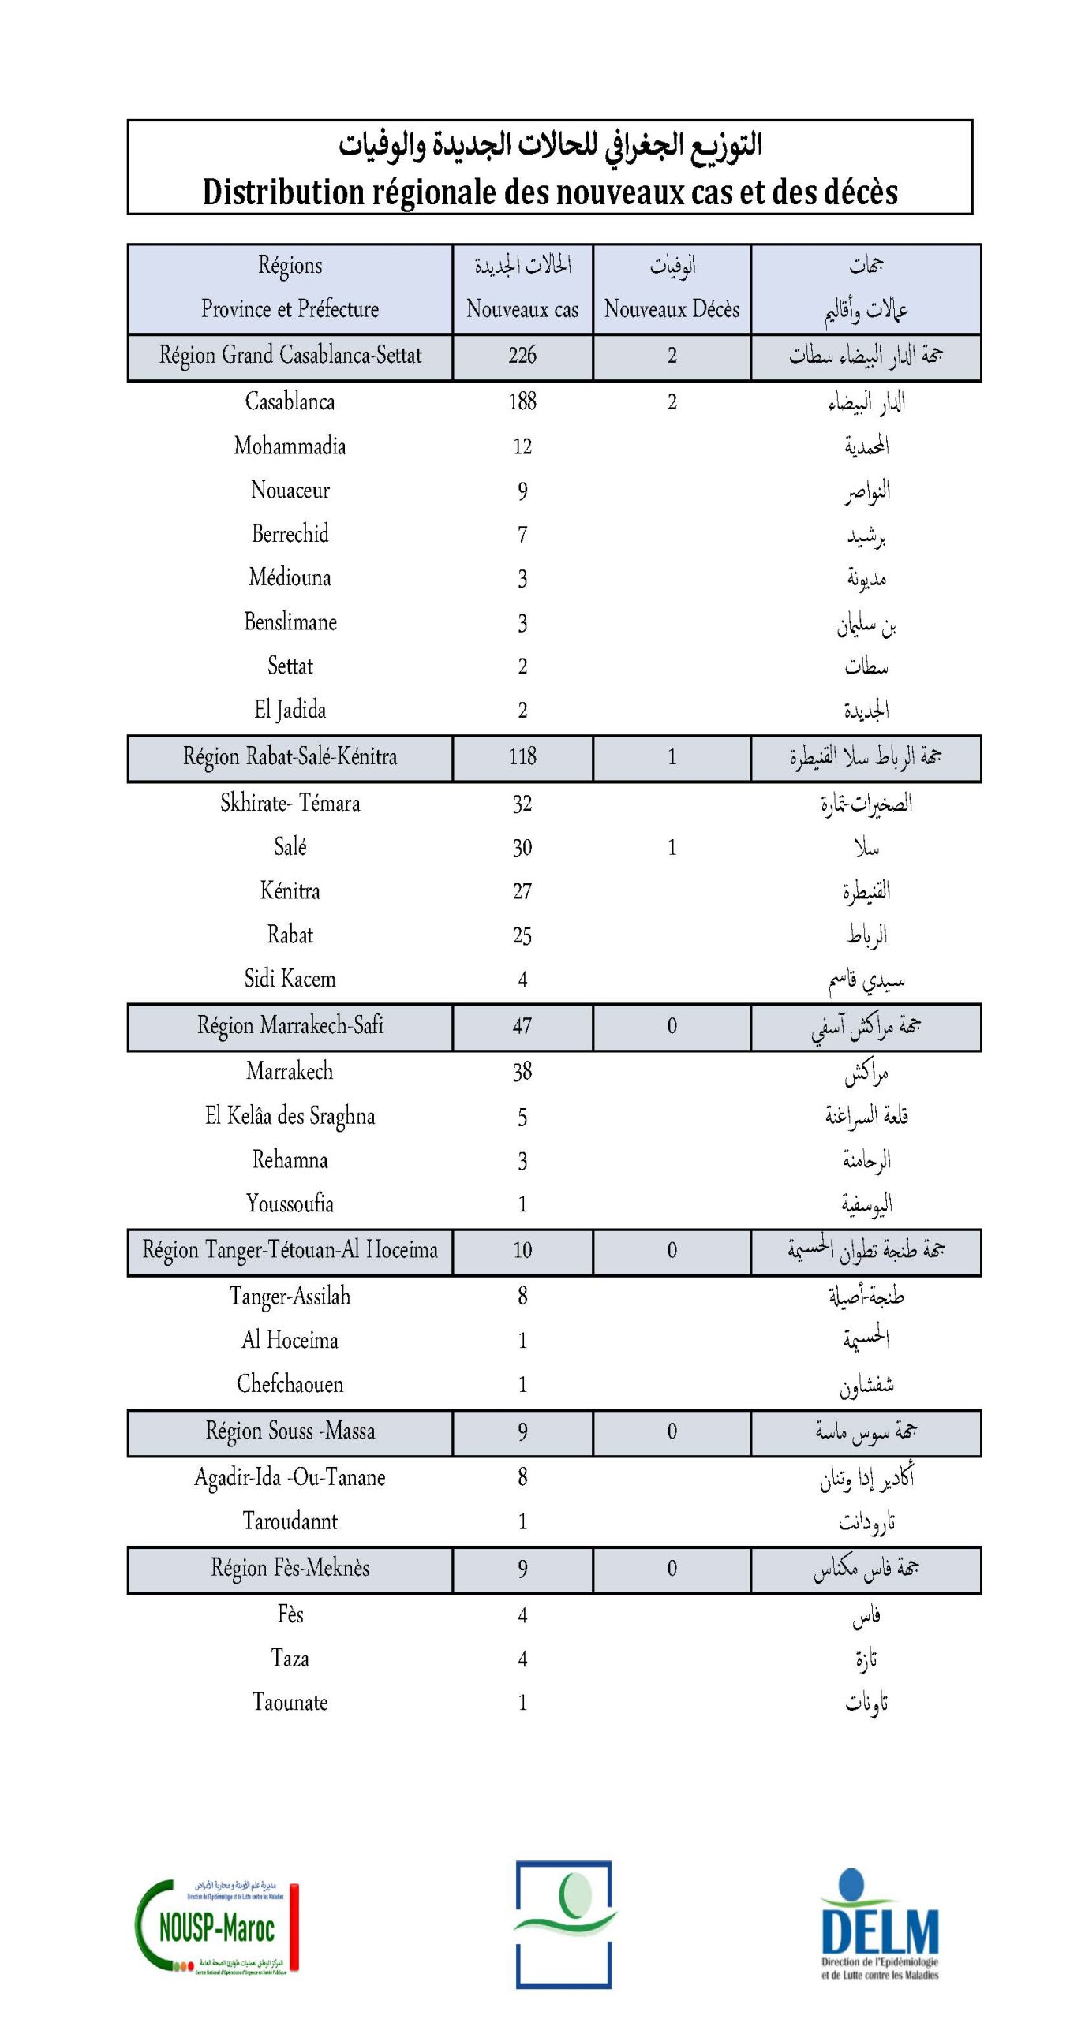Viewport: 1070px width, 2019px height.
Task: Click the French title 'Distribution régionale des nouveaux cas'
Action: pos(550,192)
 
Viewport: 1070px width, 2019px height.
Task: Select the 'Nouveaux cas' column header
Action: pos(522,308)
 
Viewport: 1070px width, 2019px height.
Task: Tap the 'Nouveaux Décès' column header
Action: pos(672,308)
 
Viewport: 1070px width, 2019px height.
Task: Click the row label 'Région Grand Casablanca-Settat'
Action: pos(290,356)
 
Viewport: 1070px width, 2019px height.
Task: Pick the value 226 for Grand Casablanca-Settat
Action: pos(522,356)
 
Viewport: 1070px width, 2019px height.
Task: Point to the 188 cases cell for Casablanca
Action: pos(522,402)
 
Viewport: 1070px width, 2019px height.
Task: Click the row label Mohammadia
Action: pos(290,446)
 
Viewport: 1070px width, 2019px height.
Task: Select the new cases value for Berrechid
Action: pos(522,535)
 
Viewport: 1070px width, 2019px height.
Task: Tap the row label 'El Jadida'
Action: pos(290,710)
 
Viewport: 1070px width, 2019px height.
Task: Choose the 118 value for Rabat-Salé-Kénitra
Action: pos(522,757)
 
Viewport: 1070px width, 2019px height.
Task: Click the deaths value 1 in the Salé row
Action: pos(672,848)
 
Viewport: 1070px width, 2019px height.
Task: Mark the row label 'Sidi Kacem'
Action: pos(290,980)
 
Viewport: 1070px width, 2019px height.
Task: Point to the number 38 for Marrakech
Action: pos(522,1072)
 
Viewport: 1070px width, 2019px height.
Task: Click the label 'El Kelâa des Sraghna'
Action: pos(290,1116)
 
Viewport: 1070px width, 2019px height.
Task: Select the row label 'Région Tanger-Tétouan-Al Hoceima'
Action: pos(290,1251)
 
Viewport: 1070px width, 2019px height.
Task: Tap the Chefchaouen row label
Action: pos(290,1385)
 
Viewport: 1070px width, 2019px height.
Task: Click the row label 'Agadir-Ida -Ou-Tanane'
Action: pos(290,1477)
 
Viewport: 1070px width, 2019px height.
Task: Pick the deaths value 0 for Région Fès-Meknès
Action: pos(672,1569)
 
